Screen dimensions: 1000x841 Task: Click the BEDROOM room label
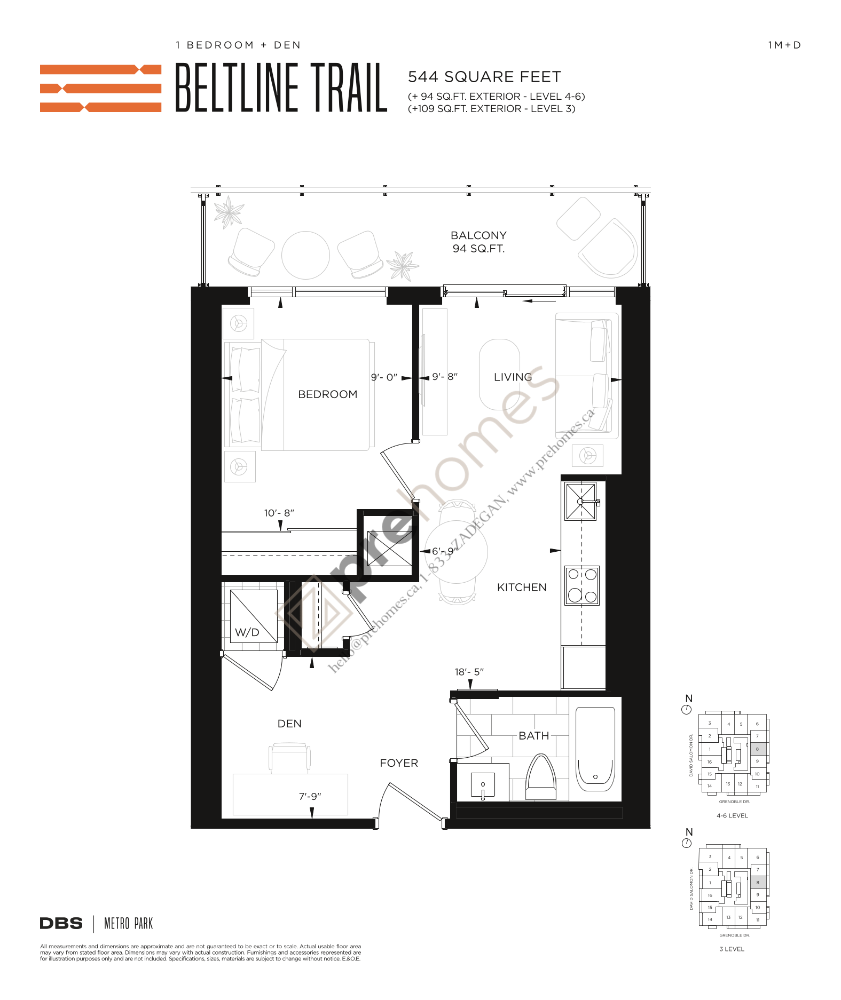click(x=327, y=394)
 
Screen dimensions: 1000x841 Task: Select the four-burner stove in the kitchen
click(x=582, y=585)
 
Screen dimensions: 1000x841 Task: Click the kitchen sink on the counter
click(x=580, y=501)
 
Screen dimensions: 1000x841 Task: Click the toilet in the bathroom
click(x=541, y=777)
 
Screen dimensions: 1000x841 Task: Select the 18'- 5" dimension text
click(x=469, y=672)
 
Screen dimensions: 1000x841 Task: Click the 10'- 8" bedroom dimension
click(x=279, y=513)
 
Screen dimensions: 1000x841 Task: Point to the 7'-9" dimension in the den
click(x=310, y=796)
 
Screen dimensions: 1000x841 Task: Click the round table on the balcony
click(x=305, y=255)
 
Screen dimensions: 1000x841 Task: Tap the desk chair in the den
click(x=289, y=757)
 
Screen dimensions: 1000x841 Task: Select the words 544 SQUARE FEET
click(x=484, y=77)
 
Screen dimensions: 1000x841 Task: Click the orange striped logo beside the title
click(x=100, y=88)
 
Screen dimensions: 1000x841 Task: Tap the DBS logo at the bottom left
click(x=61, y=924)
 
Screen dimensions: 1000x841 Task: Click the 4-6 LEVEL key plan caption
click(x=732, y=815)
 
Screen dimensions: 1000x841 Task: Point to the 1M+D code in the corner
click(x=784, y=45)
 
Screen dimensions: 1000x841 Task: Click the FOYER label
click(x=399, y=763)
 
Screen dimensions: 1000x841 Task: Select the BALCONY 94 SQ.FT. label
click(x=478, y=242)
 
